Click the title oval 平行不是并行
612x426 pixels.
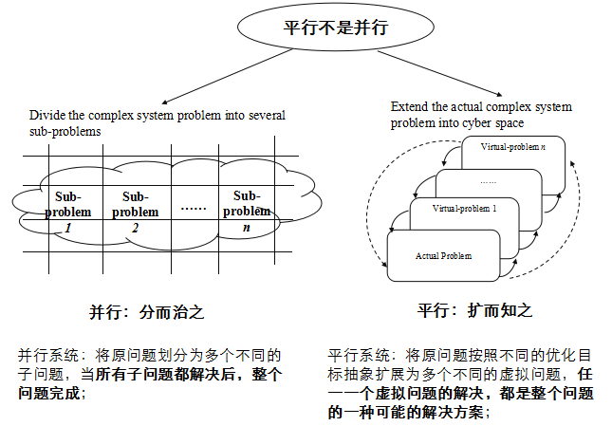click(323, 28)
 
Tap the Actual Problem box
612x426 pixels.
click(443, 256)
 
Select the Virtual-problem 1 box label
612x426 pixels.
click(464, 208)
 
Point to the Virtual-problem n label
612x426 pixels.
click(513, 148)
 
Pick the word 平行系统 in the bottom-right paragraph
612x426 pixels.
click(352, 356)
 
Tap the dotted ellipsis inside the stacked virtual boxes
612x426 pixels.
click(488, 180)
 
